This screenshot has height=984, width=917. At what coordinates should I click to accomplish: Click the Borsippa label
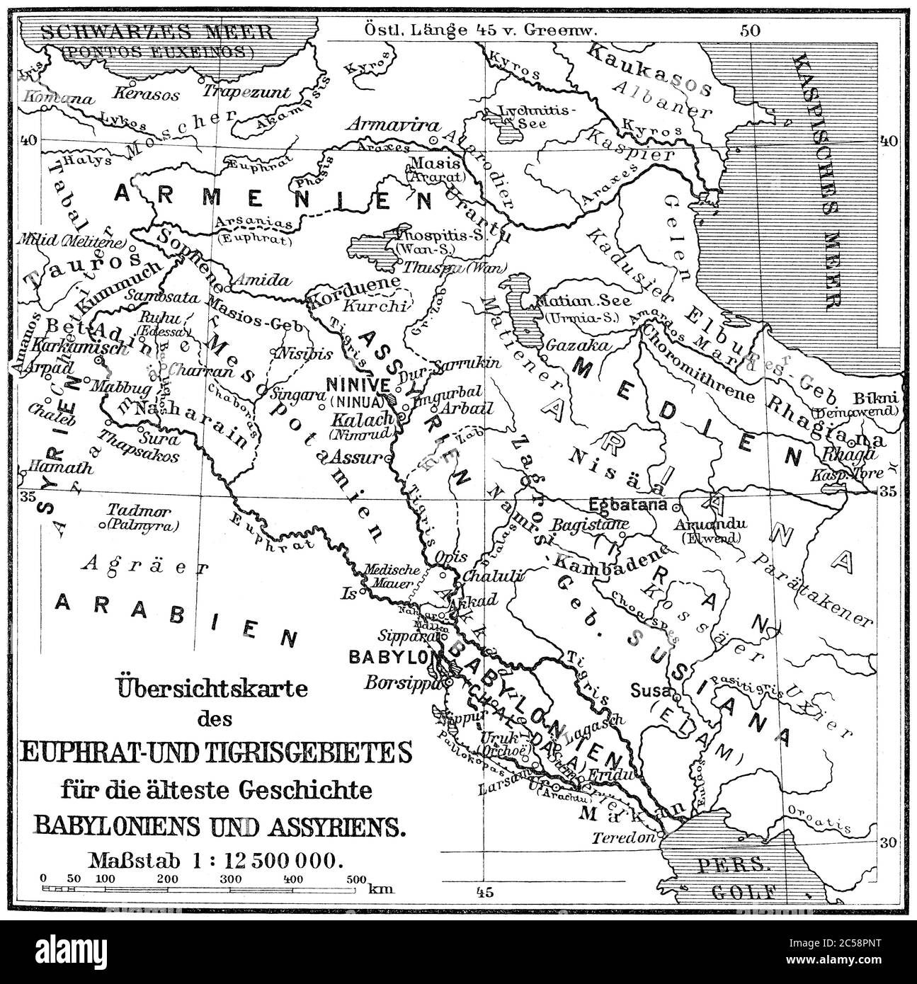[401, 683]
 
